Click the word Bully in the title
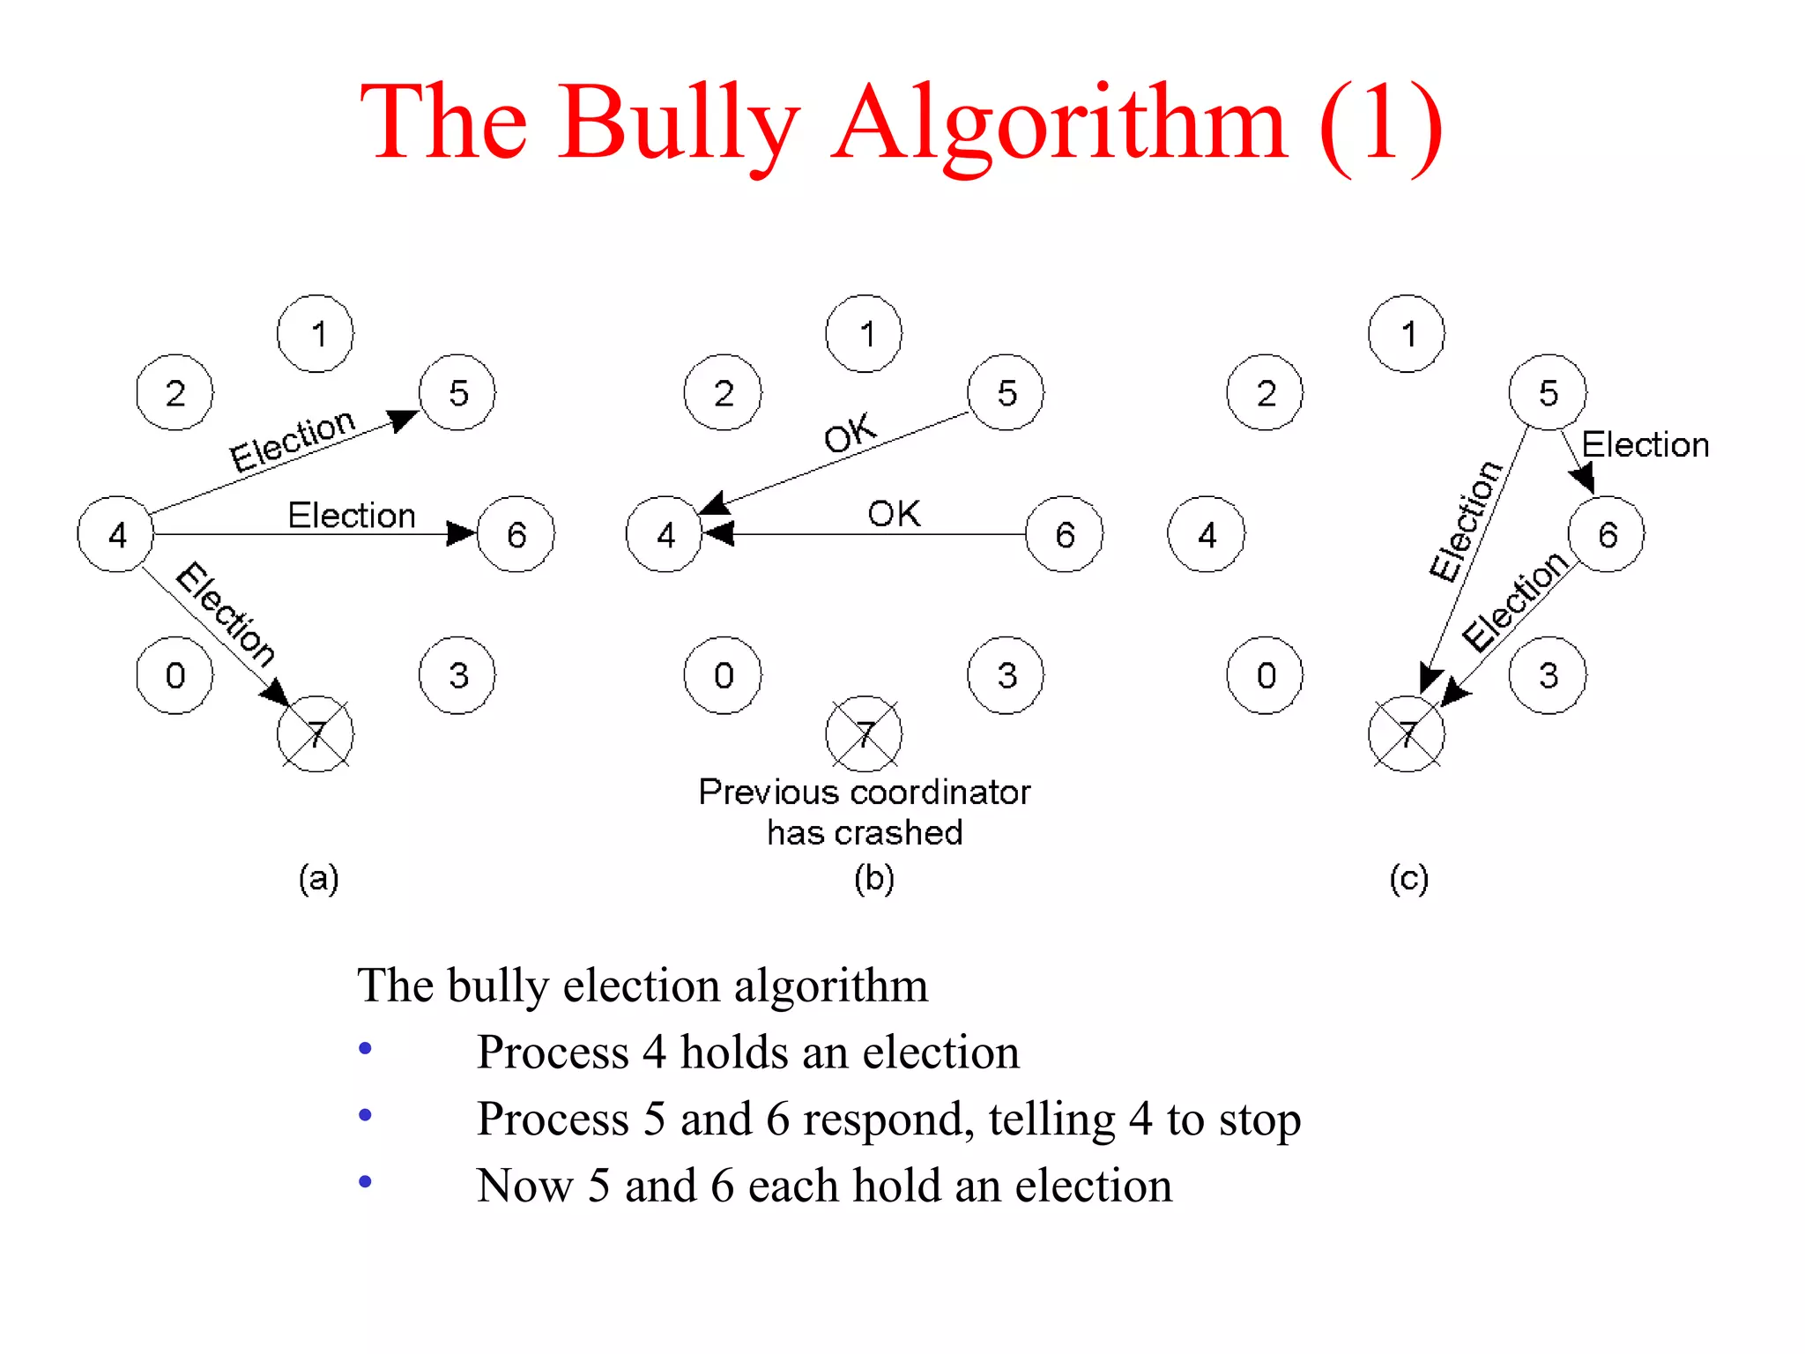point(679,123)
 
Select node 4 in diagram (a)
point(115,534)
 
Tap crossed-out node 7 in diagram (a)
point(316,733)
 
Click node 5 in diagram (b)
point(1006,393)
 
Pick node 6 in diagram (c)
point(1607,534)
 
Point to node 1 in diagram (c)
point(1407,334)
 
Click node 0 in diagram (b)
point(723,675)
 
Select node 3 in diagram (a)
point(457,675)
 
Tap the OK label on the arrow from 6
point(894,513)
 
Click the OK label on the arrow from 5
point(850,433)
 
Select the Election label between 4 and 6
point(352,515)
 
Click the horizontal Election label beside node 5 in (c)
point(1645,444)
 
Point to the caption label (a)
point(318,878)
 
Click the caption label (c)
point(1408,878)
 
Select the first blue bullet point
point(366,1048)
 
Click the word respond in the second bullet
point(888,1120)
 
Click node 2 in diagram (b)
point(723,393)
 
